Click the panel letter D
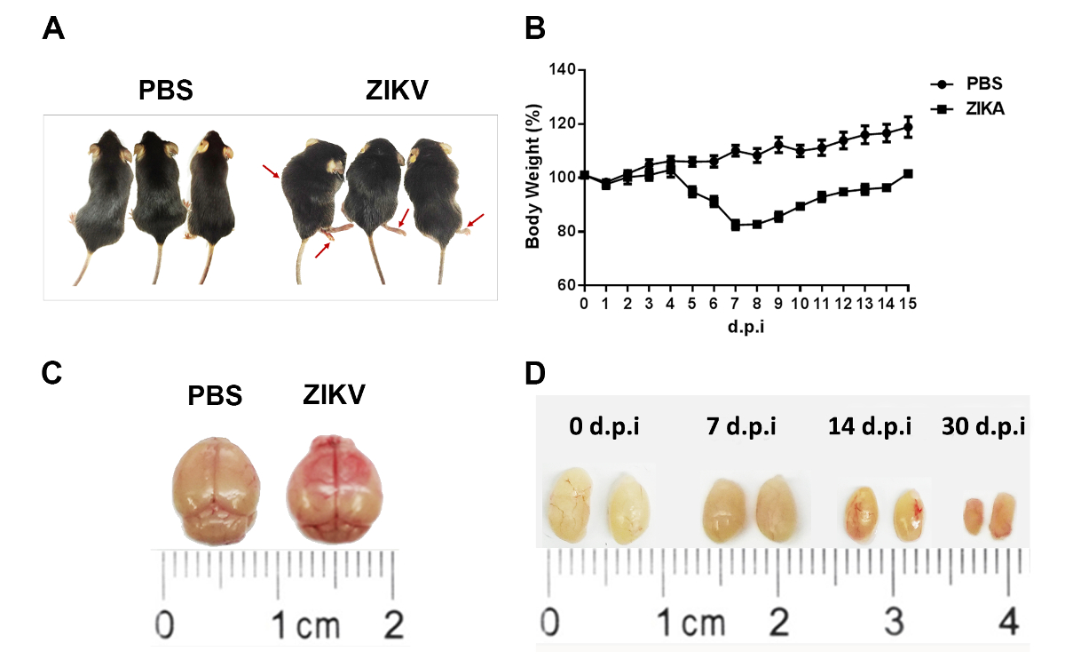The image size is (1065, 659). [536, 373]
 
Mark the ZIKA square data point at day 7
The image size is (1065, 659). [736, 226]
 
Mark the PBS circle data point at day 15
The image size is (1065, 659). [908, 126]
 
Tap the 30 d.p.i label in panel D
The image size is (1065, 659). [983, 426]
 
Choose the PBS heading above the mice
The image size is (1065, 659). [166, 91]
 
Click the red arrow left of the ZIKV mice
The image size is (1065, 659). [271, 171]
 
